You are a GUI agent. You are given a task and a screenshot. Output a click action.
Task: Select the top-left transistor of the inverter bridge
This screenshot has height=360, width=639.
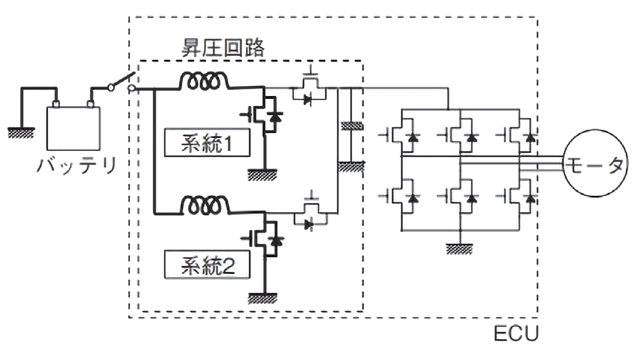[404, 135]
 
